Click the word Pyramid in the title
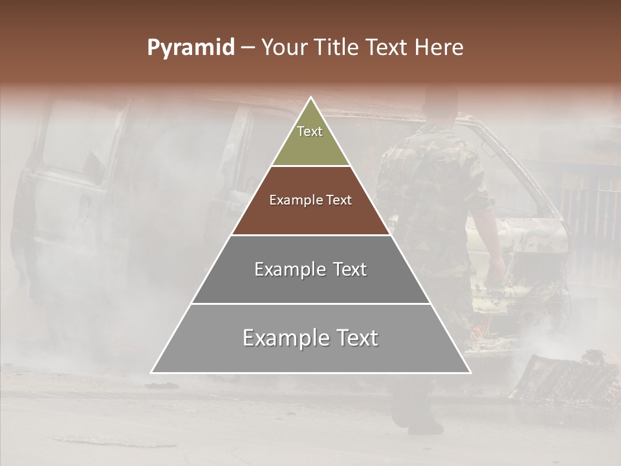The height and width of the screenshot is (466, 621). click(191, 48)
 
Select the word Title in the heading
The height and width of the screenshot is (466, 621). click(338, 48)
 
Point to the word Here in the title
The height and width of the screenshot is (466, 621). click(440, 48)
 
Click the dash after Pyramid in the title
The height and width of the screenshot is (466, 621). click(247, 49)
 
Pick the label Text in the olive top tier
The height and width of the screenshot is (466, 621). click(310, 131)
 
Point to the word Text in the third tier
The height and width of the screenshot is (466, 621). click(350, 269)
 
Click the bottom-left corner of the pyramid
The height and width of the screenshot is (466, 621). click(152, 372)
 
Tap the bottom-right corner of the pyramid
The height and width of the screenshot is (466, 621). click(470, 372)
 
